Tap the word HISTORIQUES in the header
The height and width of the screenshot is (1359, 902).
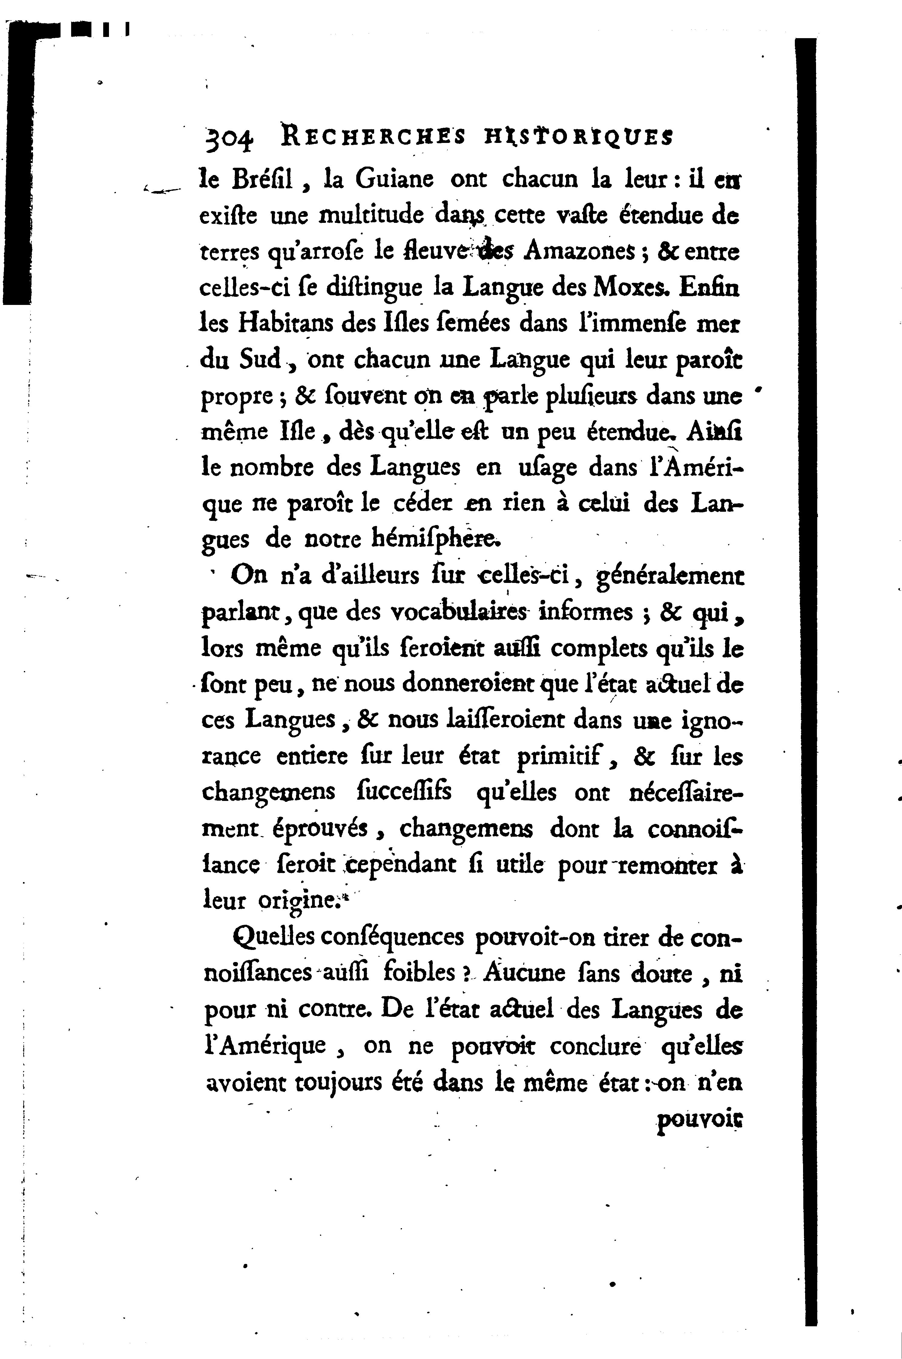[578, 137]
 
